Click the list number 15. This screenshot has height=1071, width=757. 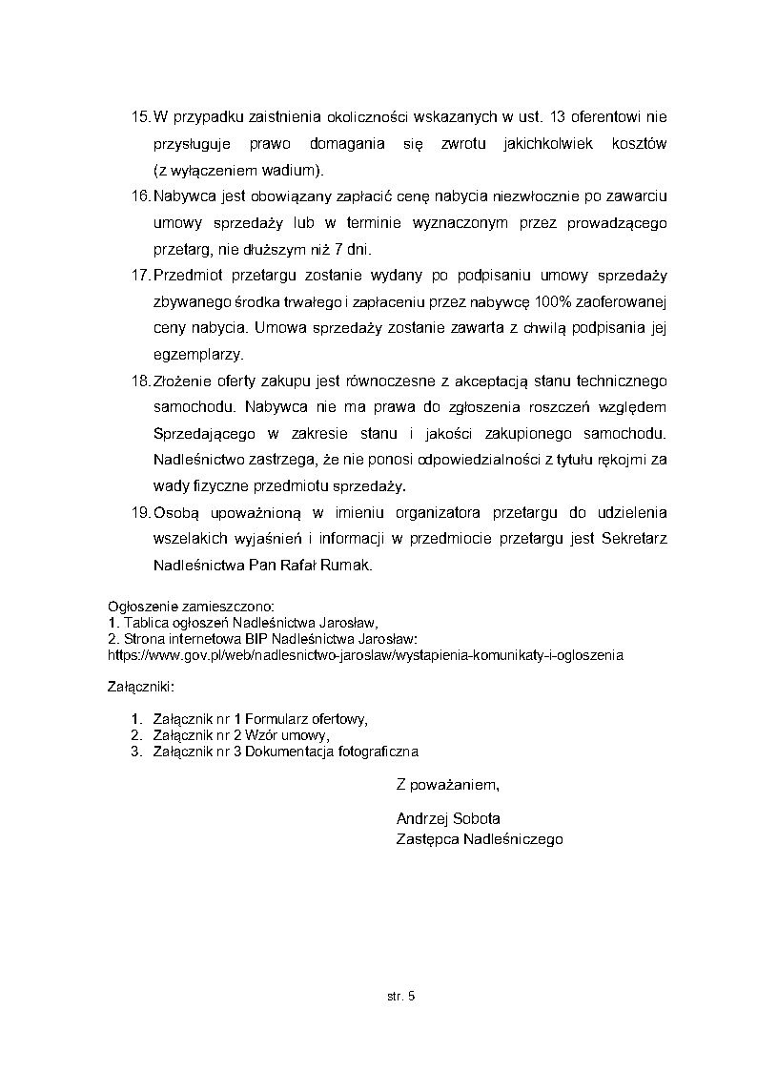pos(139,117)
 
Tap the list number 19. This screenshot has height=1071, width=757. pos(139,513)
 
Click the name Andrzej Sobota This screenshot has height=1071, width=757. pos(447,818)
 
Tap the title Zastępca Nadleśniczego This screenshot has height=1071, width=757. pos(479,839)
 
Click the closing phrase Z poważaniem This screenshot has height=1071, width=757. pos(446,785)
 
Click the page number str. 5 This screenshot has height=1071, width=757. pos(401,997)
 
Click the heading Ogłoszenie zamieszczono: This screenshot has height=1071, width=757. pos(191,607)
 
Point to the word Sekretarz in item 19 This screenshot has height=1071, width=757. pos(634,539)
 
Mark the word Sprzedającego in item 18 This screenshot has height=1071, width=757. pos(202,434)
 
